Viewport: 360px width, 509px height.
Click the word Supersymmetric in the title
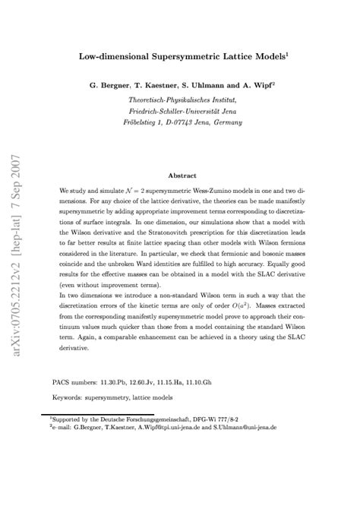point(179,55)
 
